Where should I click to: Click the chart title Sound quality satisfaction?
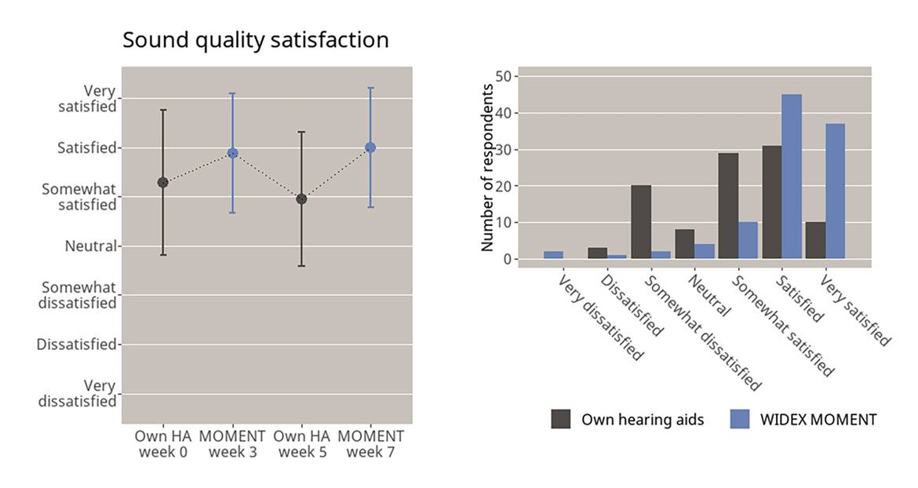(x=255, y=40)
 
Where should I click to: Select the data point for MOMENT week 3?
(x=232, y=153)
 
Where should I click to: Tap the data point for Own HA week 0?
(x=163, y=182)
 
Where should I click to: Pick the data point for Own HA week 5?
(x=301, y=198)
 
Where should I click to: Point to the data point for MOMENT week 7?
(x=370, y=147)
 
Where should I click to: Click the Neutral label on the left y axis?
(x=90, y=246)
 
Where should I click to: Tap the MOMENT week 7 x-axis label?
(x=370, y=444)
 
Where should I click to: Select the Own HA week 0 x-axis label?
(x=162, y=444)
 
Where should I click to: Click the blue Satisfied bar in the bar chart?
(x=792, y=177)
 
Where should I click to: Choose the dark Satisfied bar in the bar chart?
(x=771, y=202)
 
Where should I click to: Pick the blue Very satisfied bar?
(x=835, y=191)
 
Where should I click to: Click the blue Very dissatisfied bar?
(x=553, y=255)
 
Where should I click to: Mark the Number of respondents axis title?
(x=487, y=167)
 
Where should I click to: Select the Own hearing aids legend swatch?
(x=561, y=419)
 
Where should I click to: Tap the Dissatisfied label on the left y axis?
(x=76, y=344)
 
